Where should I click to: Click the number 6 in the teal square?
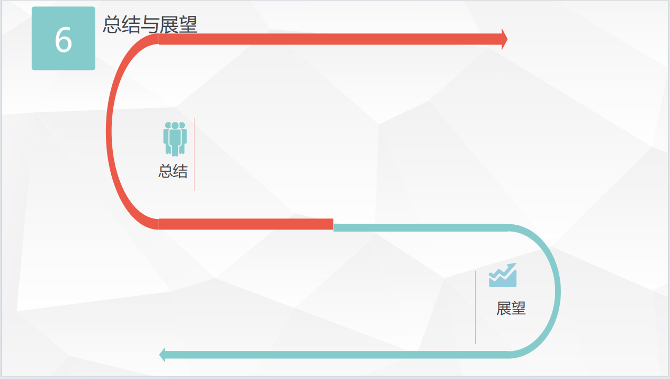pyautogui.click(x=64, y=40)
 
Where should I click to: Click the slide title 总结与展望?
pyautogui.click(x=150, y=24)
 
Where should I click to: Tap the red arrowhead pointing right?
pyautogui.click(x=505, y=39)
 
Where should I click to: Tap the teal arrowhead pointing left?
pyautogui.click(x=162, y=355)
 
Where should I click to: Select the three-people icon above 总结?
pyautogui.click(x=175, y=139)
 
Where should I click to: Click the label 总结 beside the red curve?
pyautogui.click(x=173, y=171)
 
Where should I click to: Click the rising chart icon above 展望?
pyautogui.click(x=503, y=275)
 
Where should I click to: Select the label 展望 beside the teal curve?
pyautogui.click(x=511, y=309)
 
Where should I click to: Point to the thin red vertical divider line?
pyautogui.click(x=194, y=154)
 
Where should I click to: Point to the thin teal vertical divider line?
pyautogui.click(x=475, y=307)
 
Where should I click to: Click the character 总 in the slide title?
pyautogui.click(x=112, y=24)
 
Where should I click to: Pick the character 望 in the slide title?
pyautogui.click(x=188, y=24)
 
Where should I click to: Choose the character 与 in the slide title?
pyautogui.click(x=150, y=24)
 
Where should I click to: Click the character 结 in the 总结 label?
pyautogui.click(x=181, y=171)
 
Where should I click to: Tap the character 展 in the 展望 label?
pyautogui.click(x=504, y=309)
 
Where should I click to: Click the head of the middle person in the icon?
pyautogui.click(x=175, y=126)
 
